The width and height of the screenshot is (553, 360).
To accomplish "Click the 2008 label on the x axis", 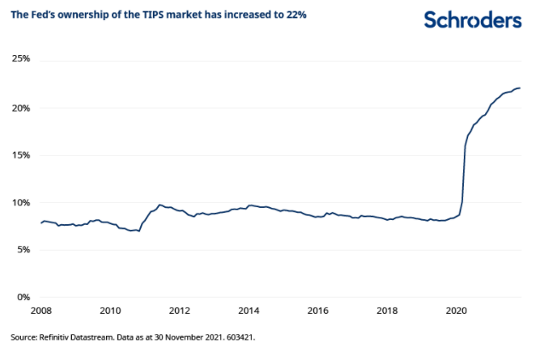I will click(41, 310).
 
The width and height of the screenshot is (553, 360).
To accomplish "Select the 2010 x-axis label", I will click(111, 310).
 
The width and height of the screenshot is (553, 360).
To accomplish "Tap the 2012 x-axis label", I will click(180, 310).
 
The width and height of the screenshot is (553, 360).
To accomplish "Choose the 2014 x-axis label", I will click(249, 310).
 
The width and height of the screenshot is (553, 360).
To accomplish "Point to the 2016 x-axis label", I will click(318, 310).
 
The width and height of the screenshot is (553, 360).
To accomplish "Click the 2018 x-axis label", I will click(387, 310).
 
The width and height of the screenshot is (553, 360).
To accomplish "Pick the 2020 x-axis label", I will click(457, 310).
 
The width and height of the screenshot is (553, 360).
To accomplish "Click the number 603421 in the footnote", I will click(245, 336).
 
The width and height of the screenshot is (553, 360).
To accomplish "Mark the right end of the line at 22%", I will click(520, 88).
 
